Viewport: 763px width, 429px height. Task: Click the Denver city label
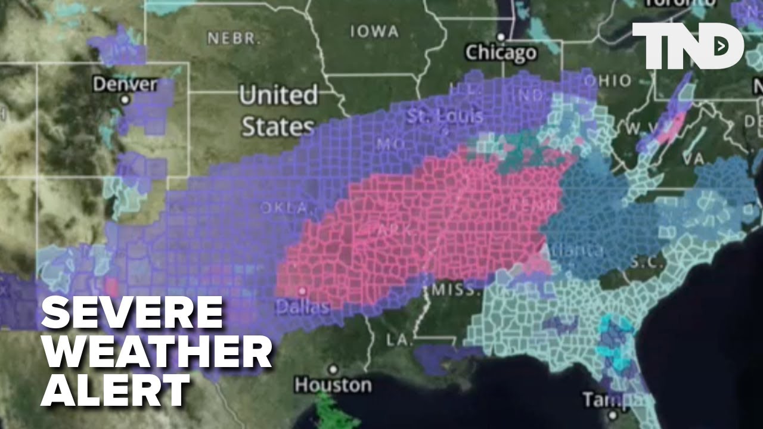125,84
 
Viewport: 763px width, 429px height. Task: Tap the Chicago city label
501,52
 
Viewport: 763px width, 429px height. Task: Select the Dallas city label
302,307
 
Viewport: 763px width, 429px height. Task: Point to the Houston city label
333,384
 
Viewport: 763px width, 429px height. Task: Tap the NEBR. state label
234,39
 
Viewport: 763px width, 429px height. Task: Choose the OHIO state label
607,80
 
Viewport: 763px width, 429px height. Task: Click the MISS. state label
457,291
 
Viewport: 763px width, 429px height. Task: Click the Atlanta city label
575,250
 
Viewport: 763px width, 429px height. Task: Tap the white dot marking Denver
125,100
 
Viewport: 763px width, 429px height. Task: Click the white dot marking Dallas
302,291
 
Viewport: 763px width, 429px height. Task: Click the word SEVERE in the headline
132,313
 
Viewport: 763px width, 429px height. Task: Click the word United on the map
278,95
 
